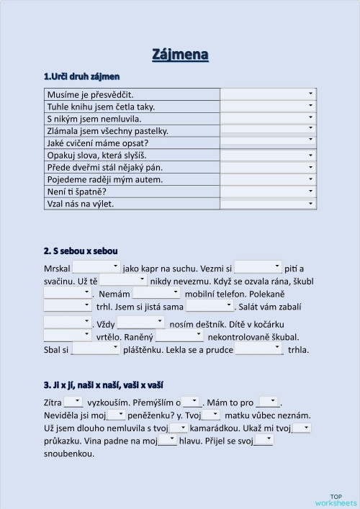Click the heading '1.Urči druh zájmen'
click(x=81, y=76)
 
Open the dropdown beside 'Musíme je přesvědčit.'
click(x=268, y=94)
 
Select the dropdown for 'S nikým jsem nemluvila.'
click(x=268, y=119)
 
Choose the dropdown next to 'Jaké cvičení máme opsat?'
click(x=268, y=143)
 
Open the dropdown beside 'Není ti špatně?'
click(x=268, y=192)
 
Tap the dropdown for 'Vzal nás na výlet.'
click(x=268, y=204)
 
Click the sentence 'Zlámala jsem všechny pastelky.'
click(x=107, y=130)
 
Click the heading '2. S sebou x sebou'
click(x=81, y=251)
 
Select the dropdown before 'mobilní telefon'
click(x=156, y=294)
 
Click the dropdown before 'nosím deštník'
click(x=140, y=322)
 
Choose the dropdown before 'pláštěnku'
click(x=96, y=348)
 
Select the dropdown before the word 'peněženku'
click(x=117, y=415)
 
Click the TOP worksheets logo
click(x=336, y=499)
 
